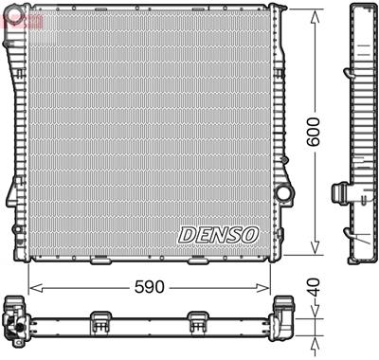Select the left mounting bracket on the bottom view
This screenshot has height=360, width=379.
point(99,322)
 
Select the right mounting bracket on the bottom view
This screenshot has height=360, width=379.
point(197,322)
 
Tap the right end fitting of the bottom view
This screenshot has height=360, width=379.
point(283,318)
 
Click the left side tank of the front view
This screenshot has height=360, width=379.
point(18,133)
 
